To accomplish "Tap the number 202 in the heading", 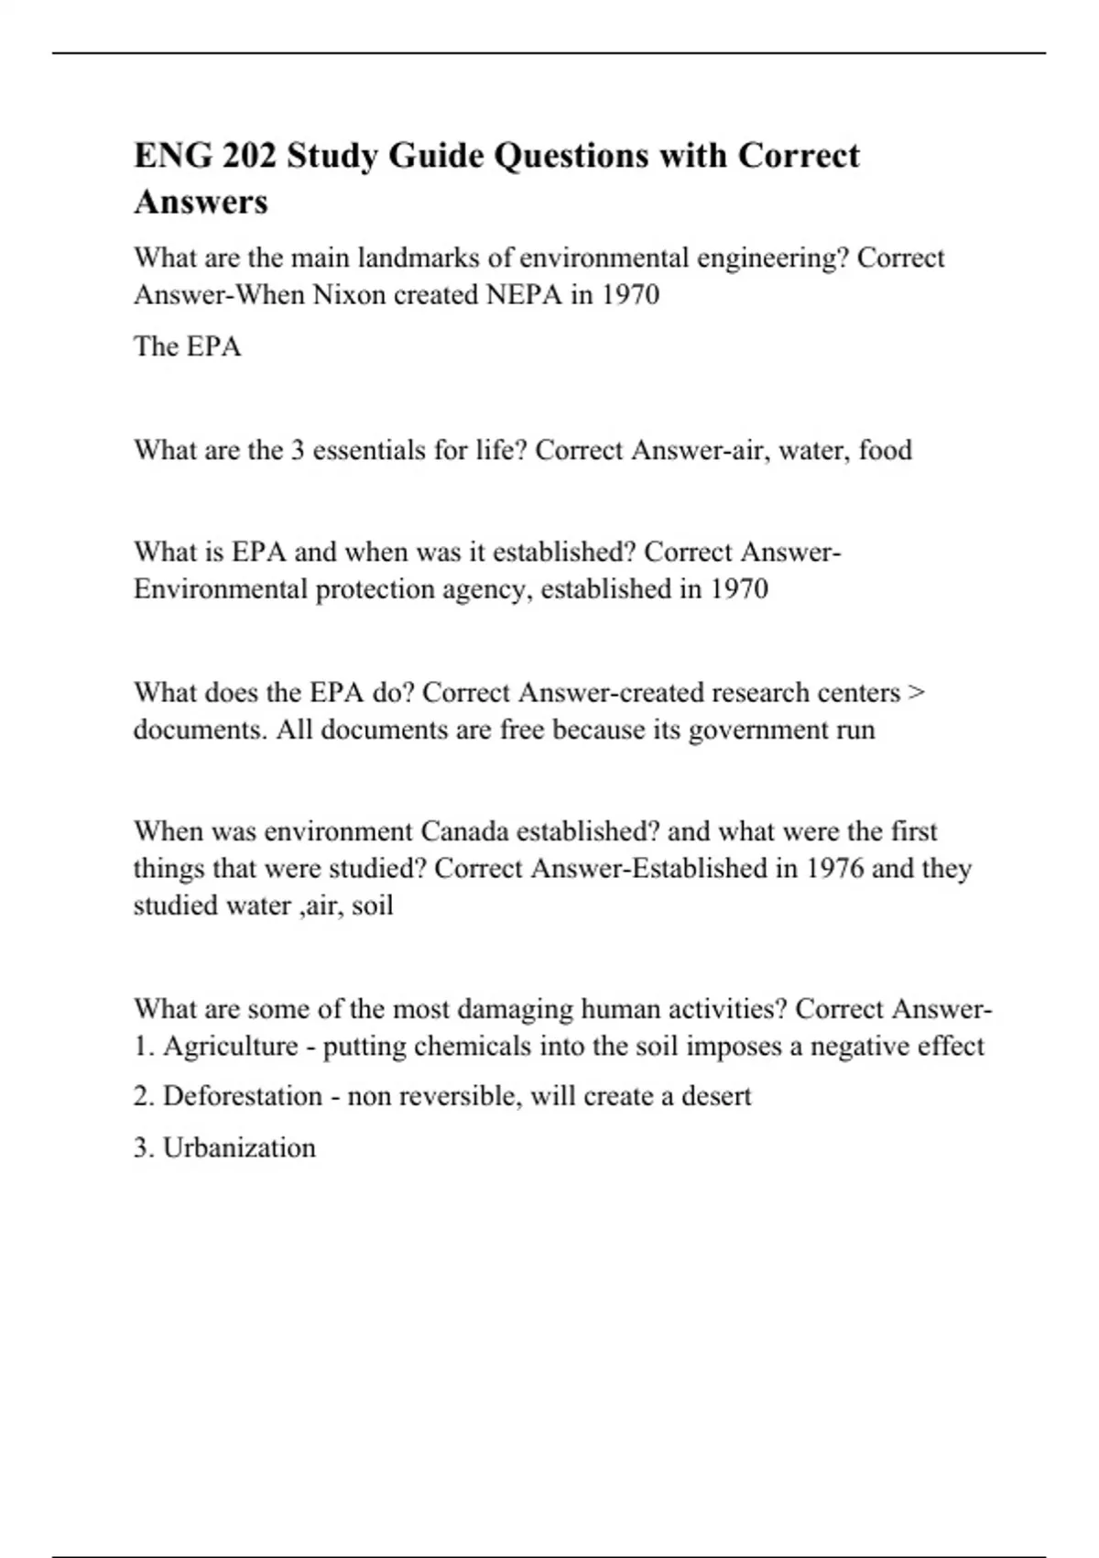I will click(x=249, y=156).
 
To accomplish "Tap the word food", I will click(x=885, y=450).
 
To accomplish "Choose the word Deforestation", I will click(x=242, y=1096).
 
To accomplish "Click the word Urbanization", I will click(x=239, y=1147).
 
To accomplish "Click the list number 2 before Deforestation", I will click(x=141, y=1096).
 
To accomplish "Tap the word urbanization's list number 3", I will click(x=141, y=1147).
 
